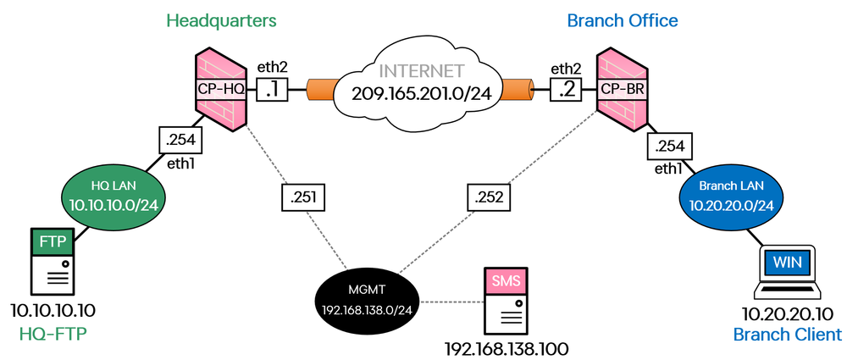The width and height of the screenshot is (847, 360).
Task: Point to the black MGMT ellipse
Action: click(x=366, y=299)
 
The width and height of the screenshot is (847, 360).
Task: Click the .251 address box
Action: click(x=302, y=198)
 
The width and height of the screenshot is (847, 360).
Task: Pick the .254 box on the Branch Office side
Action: click(x=668, y=147)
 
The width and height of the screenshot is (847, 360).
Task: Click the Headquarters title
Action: click(x=222, y=19)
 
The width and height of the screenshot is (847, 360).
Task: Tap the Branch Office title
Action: click(x=623, y=19)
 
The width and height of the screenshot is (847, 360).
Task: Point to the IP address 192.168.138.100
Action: click(x=507, y=347)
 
